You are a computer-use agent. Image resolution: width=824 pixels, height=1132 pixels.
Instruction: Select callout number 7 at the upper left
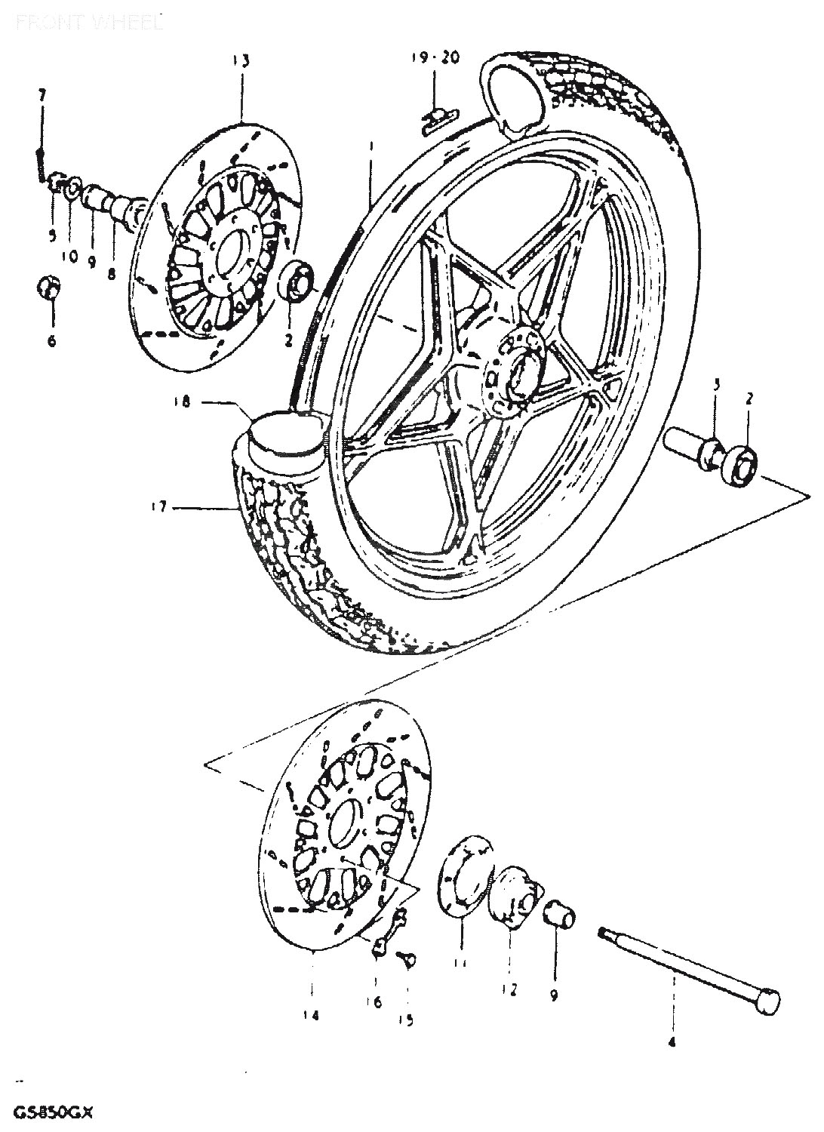click(42, 95)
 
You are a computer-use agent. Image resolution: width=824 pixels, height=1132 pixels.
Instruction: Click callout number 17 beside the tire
click(158, 507)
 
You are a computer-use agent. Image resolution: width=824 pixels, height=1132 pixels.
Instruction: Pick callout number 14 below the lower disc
click(311, 1015)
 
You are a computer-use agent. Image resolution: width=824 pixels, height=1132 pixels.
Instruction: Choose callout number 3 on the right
click(716, 383)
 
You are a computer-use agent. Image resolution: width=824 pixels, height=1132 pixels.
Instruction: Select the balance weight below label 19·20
click(438, 118)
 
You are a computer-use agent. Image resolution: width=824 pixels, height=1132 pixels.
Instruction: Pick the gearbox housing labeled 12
click(515, 896)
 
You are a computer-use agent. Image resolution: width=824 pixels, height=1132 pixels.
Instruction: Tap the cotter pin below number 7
click(40, 162)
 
